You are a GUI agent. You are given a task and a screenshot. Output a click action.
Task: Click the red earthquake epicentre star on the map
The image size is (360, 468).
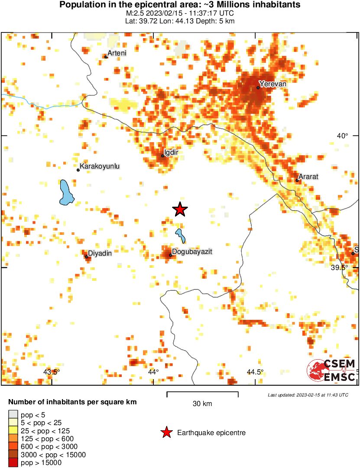pyautogui.click(x=180, y=210)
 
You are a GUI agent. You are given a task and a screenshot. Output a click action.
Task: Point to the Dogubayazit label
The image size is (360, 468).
pyautogui.click(x=192, y=251)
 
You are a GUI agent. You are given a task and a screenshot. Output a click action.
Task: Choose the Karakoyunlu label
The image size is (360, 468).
pyautogui.click(x=100, y=166)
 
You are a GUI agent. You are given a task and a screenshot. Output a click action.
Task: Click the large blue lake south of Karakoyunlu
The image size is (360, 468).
pyautogui.click(x=66, y=192)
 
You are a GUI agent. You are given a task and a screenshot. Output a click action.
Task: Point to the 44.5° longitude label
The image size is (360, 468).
pyautogui.click(x=255, y=372)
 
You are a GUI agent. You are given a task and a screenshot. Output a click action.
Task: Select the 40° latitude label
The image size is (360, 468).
pyautogui.click(x=342, y=136)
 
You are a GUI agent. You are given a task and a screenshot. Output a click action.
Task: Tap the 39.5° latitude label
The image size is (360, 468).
pyautogui.click(x=339, y=267)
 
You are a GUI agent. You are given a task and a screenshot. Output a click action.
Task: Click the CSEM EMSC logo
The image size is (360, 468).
pyautogui.click(x=331, y=370)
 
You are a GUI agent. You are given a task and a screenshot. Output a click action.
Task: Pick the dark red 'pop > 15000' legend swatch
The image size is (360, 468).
pyautogui.click(x=13, y=463)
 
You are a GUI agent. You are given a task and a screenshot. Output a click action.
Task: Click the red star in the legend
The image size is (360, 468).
pyautogui.click(x=166, y=432)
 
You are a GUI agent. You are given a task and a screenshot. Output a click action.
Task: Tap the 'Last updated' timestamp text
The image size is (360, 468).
pyautogui.click(x=308, y=395)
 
